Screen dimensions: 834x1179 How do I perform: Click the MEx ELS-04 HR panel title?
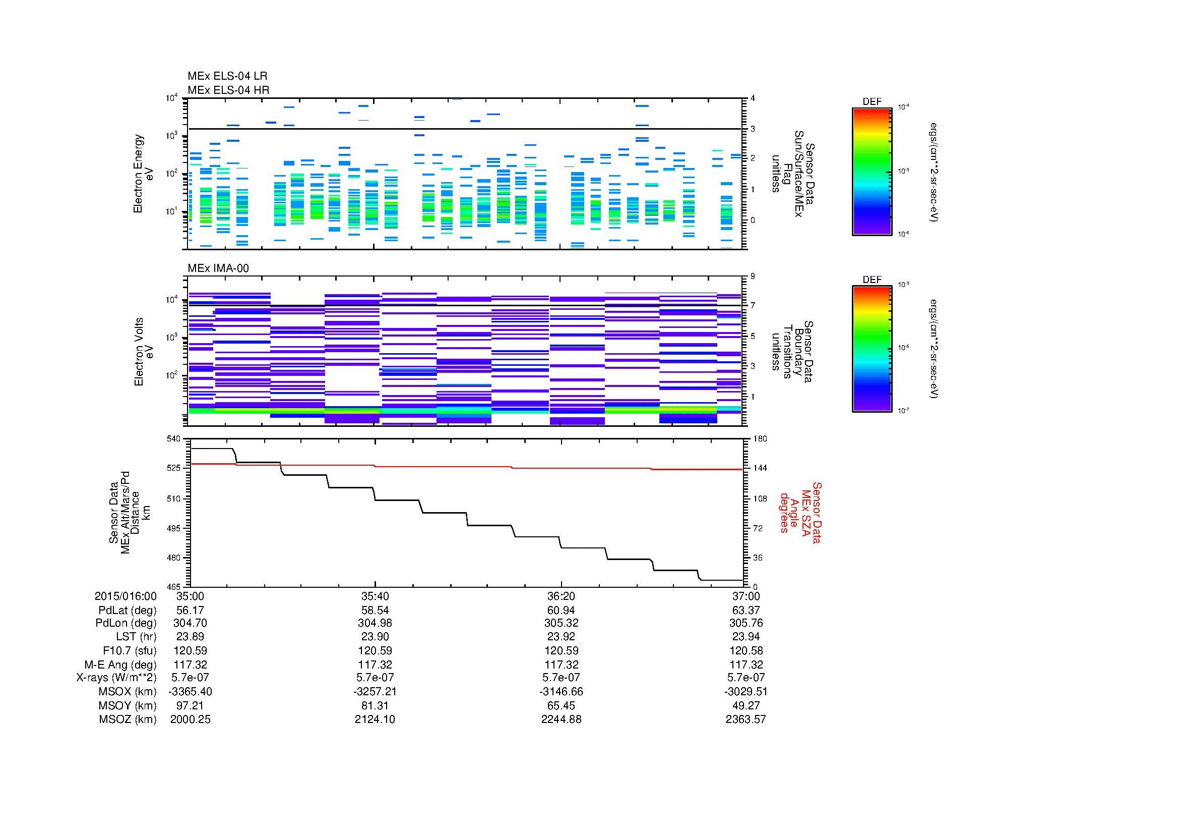[228, 90]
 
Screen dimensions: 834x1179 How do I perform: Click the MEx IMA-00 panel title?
[218, 268]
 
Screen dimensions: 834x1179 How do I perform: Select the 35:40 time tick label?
[375, 596]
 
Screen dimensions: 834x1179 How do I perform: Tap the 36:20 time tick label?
[561, 596]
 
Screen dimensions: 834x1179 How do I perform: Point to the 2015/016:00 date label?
[126, 596]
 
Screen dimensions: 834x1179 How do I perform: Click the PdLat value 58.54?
[375, 610]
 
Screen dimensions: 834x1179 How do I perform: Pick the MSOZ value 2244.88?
[561, 719]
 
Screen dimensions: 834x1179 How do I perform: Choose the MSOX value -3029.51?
[746, 692]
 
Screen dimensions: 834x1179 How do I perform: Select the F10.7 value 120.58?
[746, 650]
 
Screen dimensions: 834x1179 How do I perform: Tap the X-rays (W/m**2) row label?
[116, 678]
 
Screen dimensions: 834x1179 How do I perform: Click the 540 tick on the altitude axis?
[174, 438]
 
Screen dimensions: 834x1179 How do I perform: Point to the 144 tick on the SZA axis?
[760, 468]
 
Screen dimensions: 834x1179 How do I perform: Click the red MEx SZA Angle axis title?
[800, 512]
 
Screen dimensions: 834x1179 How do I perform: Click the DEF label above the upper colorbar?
[872, 102]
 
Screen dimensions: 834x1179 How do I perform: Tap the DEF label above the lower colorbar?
[872, 280]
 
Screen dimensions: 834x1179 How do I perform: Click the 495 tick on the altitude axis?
[174, 528]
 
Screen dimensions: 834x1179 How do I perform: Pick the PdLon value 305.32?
[561, 623]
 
